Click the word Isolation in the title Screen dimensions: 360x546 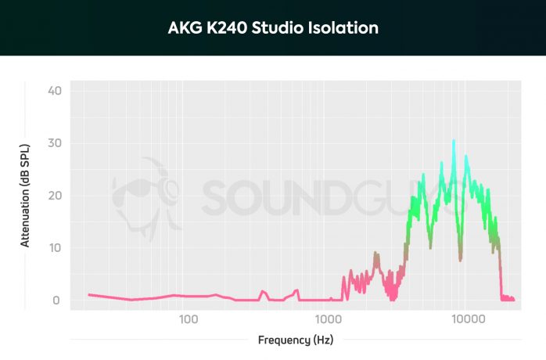tap(347, 28)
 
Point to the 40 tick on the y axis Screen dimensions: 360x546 tap(55, 91)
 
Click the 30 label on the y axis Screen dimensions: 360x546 tap(55, 143)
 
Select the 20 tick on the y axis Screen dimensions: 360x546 tap(55, 196)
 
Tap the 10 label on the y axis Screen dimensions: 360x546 tap(55, 248)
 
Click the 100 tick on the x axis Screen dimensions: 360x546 tap(187, 320)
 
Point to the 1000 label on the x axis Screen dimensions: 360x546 tap(328, 320)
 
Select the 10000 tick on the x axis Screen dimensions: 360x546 tap(468, 320)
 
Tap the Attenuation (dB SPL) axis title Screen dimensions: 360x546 tap(26, 196)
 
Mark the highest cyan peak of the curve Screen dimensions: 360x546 tap(454, 141)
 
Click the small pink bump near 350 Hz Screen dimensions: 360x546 tap(264, 292)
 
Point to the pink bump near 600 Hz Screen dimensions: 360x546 tap(296, 291)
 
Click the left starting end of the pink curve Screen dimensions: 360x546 tap(89, 295)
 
